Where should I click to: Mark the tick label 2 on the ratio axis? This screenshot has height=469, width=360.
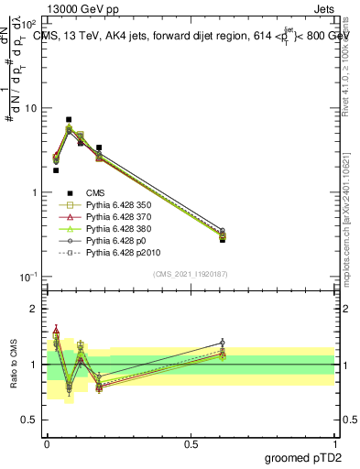pos(36,310)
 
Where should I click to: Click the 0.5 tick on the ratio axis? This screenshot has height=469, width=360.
pos(31,420)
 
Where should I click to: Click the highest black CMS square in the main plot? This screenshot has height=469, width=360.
pos(69,119)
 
